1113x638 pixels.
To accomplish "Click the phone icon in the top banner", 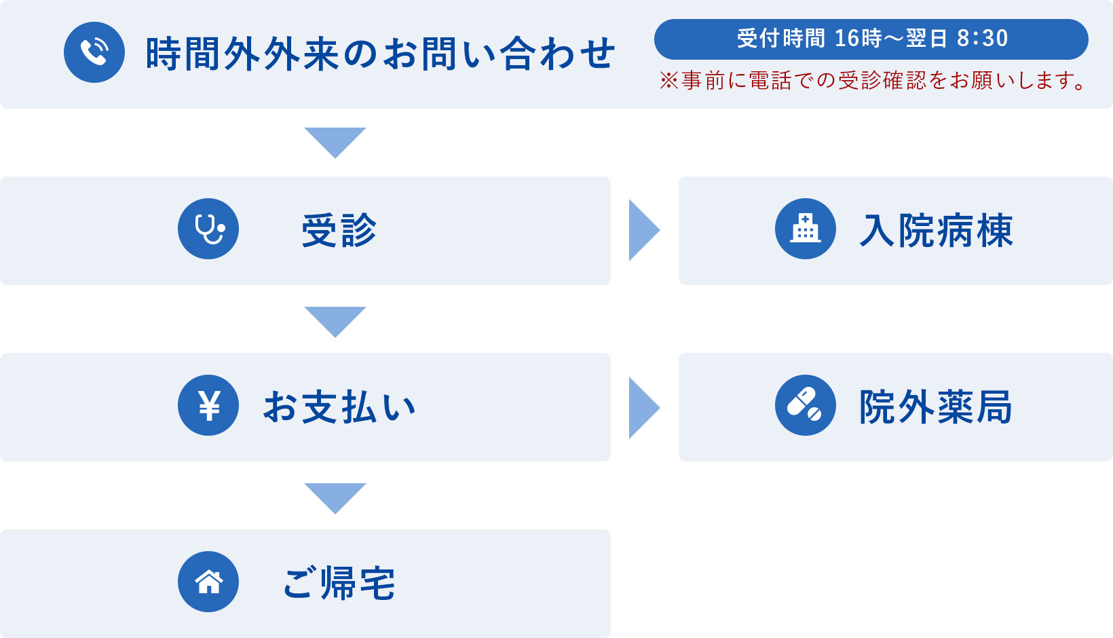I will (x=94, y=52).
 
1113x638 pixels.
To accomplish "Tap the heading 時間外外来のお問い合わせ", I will (x=380, y=54).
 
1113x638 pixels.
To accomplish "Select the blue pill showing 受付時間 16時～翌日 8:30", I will (x=871, y=39).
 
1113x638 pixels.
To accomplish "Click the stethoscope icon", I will (x=208, y=229).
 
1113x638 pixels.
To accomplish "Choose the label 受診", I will (x=339, y=230).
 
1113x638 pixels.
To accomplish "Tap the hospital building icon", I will (x=806, y=229).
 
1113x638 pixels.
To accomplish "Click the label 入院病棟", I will (x=936, y=231).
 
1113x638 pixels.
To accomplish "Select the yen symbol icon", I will (x=208, y=405).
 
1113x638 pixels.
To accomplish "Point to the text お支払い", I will (x=339, y=407).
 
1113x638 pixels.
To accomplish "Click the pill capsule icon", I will (x=806, y=405).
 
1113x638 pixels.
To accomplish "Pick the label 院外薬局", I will (x=936, y=407).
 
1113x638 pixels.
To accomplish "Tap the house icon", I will (x=208, y=582).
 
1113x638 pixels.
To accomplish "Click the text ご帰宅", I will (x=339, y=583).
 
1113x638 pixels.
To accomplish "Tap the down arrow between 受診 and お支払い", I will (x=335, y=320).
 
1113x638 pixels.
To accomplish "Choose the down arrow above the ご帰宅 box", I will (x=335, y=496).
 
